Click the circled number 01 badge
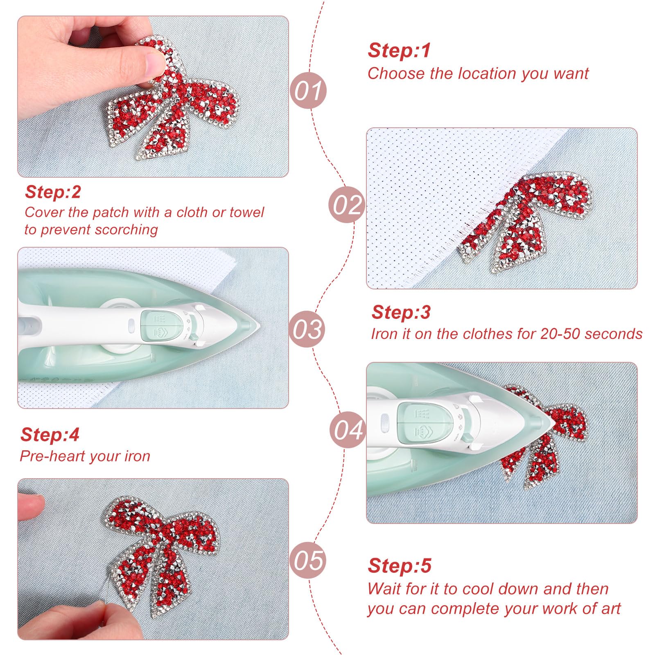[308, 90]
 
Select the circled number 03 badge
[307, 329]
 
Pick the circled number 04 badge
[348, 429]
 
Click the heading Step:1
[399, 50]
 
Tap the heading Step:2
[53, 192]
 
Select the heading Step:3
[401, 312]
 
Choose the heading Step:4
[50, 434]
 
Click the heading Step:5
[400, 566]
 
